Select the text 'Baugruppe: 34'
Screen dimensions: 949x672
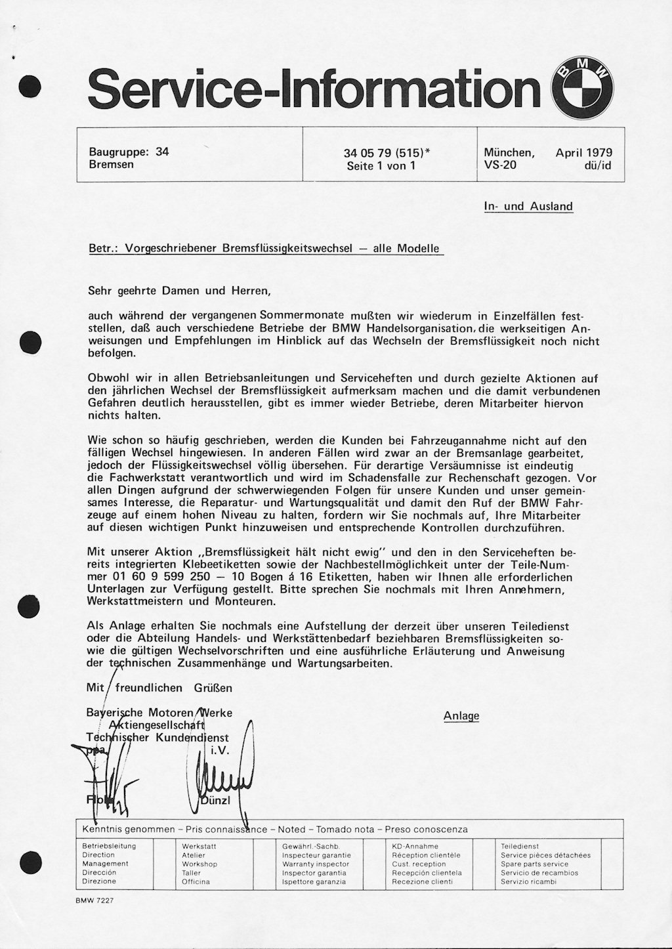[x=129, y=152]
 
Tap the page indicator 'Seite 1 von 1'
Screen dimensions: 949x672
[x=381, y=166]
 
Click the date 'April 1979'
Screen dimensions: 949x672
[x=584, y=152]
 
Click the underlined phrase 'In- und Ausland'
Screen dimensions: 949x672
[x=528, y=206]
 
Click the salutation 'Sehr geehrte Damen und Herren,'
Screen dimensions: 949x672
[x=178, y=289]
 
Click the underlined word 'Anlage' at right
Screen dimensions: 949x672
[x=461, y=716]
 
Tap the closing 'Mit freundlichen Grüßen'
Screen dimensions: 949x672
[x=159, y=688]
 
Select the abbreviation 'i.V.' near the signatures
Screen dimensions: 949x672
[x=219, y=751]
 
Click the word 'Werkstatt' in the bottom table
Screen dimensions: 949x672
[x=199, y=847]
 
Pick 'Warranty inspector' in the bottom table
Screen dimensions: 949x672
[x=315, y=864]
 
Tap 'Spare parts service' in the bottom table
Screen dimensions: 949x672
[x=534, y=864]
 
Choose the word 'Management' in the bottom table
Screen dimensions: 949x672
[x=105, y=864]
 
